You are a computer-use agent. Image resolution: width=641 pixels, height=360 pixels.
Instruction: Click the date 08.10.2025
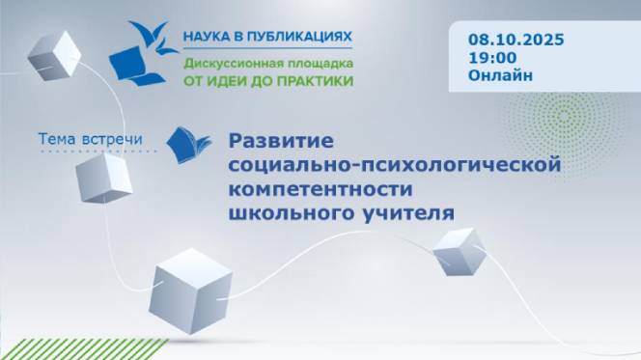[516, 40]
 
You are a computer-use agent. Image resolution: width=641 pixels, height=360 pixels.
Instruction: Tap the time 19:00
[490, 58]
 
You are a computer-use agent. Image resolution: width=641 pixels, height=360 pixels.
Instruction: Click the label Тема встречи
[90, 140]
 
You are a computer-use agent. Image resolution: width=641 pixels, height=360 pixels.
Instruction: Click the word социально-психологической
[394, 165]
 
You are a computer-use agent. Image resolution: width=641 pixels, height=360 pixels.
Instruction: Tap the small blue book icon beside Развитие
[188, 145]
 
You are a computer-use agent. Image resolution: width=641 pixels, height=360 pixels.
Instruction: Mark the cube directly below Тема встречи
[103, 178]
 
